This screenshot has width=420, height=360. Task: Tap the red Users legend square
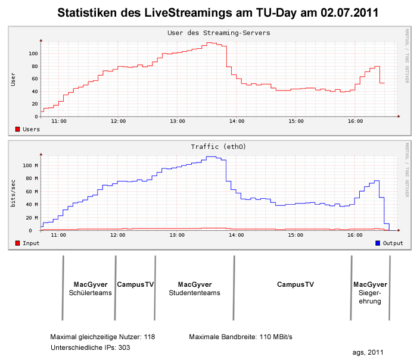[17, 129]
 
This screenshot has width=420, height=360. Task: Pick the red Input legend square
[17, 243]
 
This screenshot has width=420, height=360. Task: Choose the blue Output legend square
[378, 243]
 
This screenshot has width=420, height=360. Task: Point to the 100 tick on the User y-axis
[33, 54]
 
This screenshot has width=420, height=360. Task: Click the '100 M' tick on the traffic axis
[30, 165]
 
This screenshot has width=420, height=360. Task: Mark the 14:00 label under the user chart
[237, 121]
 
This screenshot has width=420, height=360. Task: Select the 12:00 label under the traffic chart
[118, 235]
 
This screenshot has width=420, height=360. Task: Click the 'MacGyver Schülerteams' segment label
[91, 289]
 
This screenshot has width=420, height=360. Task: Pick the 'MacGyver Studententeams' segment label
[195, 289]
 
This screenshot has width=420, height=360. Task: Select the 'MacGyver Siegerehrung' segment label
[370, 293]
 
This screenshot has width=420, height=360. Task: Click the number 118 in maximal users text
[150, 337]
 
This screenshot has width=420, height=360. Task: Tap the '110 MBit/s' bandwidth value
[276, 337]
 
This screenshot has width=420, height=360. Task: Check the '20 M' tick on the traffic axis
[32, 217]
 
